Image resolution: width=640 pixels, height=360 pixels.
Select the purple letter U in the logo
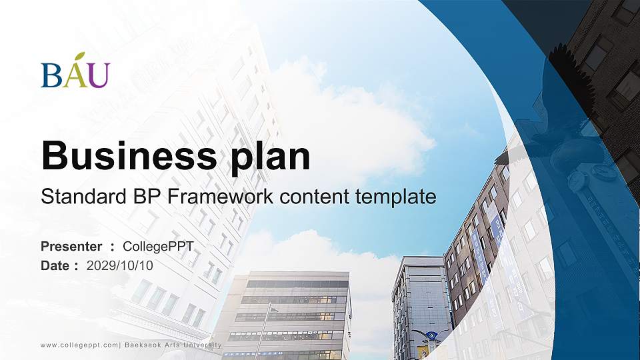point(99,75)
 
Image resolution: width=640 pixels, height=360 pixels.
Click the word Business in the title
point(129,155)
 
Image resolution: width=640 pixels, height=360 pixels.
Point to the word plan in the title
point(270,158)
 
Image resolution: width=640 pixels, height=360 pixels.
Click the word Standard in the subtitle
point(84,196)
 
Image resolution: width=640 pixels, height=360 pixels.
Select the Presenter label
point(71,247)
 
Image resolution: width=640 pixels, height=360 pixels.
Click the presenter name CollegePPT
point(158,247)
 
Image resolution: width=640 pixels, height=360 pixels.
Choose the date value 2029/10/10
point(119,266)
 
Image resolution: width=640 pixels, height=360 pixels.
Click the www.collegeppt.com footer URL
point(79,345)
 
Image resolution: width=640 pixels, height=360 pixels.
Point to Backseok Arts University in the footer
point(173,345)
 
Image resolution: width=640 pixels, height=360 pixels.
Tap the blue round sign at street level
point(432,336)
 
